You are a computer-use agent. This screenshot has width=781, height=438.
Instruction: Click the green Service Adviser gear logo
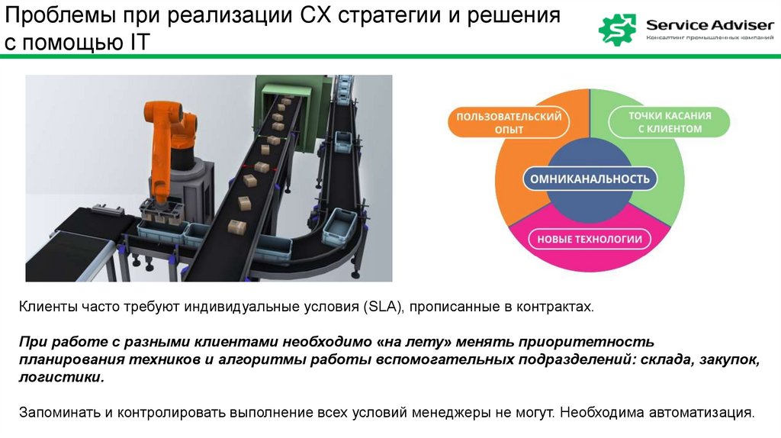pyautogui.click(x=617, y=29)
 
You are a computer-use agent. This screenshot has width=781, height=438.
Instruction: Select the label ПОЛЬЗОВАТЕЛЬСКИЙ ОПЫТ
pyautogui.click(x=509, y=123)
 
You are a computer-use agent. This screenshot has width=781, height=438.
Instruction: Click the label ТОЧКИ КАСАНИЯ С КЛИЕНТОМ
pyautogui.click(x=670, y=123)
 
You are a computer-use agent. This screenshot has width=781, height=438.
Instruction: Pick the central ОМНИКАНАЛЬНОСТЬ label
pyautogui.click(x=590, y=179)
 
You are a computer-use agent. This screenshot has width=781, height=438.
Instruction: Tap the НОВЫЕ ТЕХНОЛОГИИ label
pyautogui.click(x=590, y=240)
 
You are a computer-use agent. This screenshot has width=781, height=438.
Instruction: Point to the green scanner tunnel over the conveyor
pyautogui.click(x=294, y=99)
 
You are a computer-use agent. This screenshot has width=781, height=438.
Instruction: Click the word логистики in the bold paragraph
pyautogui.click(x=59, y=377)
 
